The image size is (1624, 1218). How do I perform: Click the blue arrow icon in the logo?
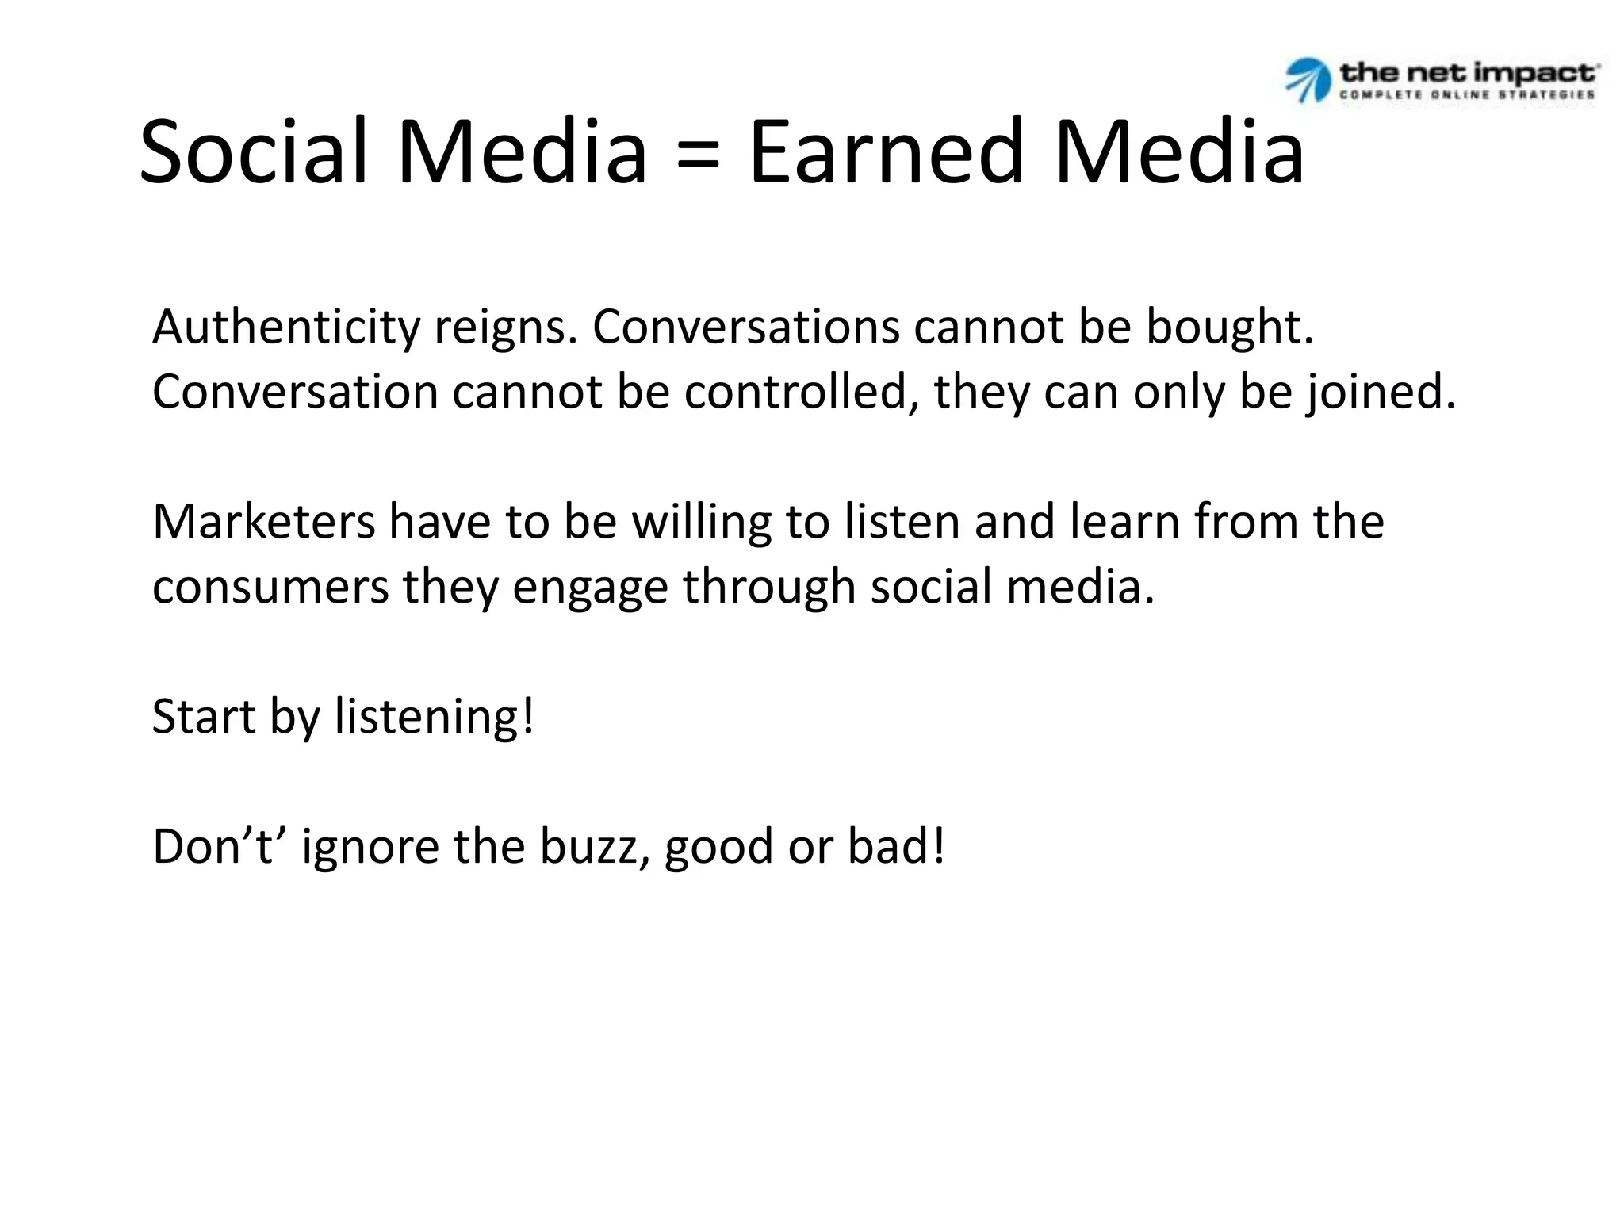coord(1307,80)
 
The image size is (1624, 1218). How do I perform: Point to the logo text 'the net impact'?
coord(1468,73)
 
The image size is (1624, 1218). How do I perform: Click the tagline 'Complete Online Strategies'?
coord(1467,94)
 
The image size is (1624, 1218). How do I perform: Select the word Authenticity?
coord(285,327)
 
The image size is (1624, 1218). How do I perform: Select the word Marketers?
coord(264,522)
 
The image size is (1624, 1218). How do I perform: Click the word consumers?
coord(270,588)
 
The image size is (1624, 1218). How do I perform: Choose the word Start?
coord(203,717)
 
